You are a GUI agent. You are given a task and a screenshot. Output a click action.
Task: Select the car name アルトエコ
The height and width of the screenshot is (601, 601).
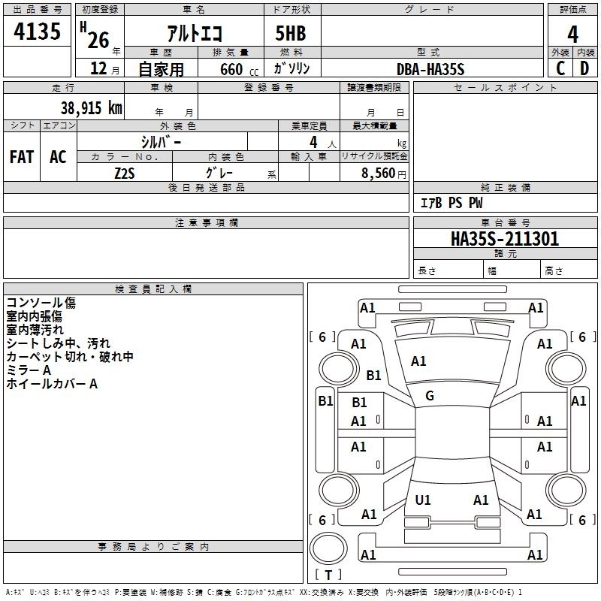tap(194, 32)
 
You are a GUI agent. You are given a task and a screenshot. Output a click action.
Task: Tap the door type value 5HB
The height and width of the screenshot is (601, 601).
tap(290, 32)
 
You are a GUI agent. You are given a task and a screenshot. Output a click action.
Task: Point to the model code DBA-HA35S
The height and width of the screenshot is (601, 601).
tap(430, 69)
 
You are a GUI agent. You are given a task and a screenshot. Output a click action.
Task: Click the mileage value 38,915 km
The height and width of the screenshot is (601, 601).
tap(91, 108)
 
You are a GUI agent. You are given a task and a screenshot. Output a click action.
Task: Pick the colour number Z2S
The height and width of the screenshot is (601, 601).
tap(125, 171)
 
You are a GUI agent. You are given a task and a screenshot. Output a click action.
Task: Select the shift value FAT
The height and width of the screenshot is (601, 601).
tap(22, 157)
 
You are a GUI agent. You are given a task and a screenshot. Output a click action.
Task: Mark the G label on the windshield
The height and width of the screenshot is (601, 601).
tap(430, 395)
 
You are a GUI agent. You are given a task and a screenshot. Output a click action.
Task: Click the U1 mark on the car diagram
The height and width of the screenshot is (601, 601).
tap(423, 500)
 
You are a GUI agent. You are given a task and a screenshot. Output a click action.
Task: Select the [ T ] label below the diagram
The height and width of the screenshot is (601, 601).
tap(328, 575)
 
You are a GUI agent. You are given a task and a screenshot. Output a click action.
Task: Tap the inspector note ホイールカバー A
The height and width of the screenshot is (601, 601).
tap(52, 384)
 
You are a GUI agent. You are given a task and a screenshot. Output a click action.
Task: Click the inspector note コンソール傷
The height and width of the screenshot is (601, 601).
tap(41, 303)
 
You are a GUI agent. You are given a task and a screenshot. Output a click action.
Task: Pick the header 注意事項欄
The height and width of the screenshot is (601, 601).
tap(206, 223)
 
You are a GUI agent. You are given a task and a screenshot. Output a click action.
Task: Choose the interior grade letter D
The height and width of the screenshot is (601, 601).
tap(584, 68)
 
